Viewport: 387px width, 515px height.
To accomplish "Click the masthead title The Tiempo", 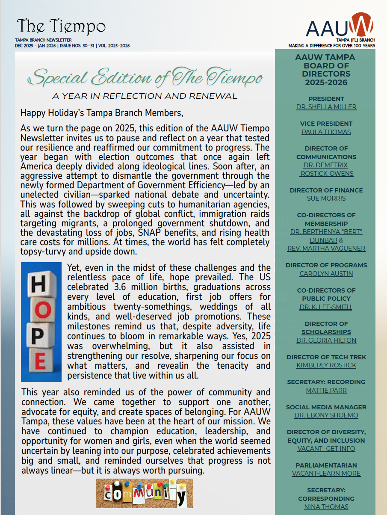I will [x=61, y=27].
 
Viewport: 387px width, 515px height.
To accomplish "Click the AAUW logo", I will [x=340, y=26].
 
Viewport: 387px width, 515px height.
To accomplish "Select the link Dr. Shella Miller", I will [x=326, y=107].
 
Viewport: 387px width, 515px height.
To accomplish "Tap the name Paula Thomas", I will [x=326, y=132].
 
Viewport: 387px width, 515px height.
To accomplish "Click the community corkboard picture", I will [x=145, y=493].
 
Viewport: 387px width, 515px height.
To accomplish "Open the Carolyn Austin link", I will [x=326, y=274].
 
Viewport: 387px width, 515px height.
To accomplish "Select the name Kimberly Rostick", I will [x=326, y=365].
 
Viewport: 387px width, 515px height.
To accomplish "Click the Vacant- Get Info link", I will [x=326, y=449].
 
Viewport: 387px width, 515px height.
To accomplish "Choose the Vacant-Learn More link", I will [x=326, y=474].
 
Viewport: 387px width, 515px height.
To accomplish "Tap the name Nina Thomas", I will [x=326, y=507].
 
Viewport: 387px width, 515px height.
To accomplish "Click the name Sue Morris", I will [x=326, y=198].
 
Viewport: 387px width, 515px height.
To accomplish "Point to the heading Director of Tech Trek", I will [x=326, y=357].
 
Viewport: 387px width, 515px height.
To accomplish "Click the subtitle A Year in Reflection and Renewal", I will [x=145, y=96].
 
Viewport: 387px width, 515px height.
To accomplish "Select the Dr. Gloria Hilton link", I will [x=326, y=340].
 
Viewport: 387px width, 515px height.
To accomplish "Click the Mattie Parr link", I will [x=326, y=391].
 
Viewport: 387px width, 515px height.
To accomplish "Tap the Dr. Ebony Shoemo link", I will [x=326, y=415].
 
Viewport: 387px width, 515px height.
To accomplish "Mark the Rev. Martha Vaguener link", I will [x=326, y=249].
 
